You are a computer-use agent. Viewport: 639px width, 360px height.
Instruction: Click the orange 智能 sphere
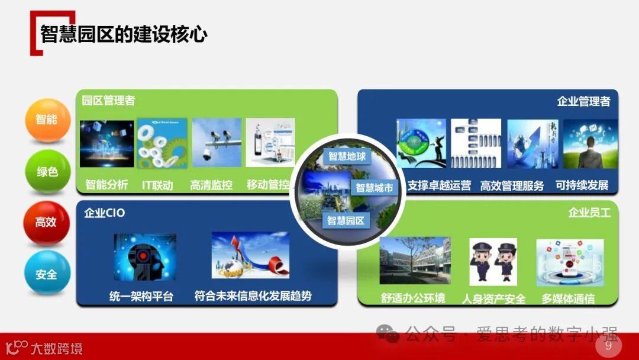tap(47, 119)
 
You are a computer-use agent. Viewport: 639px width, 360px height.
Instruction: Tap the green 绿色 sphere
tap(47, 172)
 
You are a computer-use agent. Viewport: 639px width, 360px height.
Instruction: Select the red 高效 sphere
tap(46, 223)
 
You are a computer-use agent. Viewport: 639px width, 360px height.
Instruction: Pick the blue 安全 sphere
tap(47, 274)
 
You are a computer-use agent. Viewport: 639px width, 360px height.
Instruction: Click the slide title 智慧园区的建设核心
tap(124, 34)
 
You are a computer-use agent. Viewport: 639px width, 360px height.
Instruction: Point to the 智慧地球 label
tap(347, 157)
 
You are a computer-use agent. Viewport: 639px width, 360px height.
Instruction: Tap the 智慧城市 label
tap(374, 188)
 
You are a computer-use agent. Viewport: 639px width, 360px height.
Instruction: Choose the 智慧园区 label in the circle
tap(347, 221)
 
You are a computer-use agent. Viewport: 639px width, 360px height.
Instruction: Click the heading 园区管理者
tap(108, 100)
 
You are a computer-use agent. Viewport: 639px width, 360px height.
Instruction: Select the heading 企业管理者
tap(583, 101)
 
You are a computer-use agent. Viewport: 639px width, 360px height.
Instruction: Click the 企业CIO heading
tap(105, 213)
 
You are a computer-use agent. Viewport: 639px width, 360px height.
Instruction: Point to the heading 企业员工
tap(589, 212)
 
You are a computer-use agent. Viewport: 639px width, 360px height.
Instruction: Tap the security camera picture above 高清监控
tap(217, 142)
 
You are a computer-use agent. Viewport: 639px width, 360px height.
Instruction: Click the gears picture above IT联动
tap(162, 143)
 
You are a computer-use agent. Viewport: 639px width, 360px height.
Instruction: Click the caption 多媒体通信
tap(568, 298)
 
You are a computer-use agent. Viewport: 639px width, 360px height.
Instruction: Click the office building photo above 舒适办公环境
tap(415, 261)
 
